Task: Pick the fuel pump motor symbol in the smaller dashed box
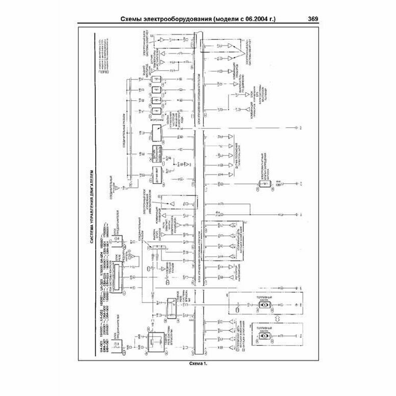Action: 264,337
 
